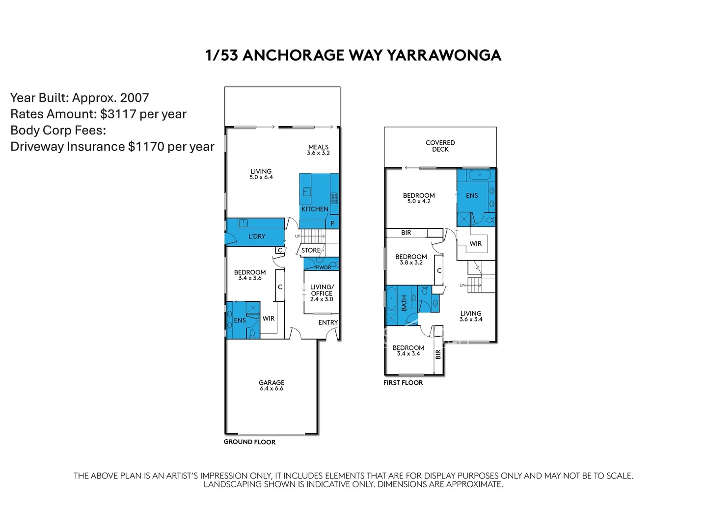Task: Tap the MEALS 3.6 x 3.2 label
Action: [318, 150]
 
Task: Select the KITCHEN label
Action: [315, 209]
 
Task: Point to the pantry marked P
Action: [332, 223]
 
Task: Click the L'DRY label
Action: [256, 237]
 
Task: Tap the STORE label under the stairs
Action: [310, 250]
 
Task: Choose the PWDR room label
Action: [323, 267]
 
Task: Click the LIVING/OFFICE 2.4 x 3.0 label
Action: [322, 293]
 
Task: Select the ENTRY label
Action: [328, 322]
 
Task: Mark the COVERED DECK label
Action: [440, 146]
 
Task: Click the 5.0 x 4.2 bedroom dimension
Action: [419, 202]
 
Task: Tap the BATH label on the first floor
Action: [404, 303]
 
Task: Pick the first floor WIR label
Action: [475, 243]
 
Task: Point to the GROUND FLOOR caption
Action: [249, 442]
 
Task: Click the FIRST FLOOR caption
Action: [403, 383]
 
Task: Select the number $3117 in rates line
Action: [118, 114]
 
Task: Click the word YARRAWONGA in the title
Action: [444, 55]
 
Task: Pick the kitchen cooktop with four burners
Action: [334, 198]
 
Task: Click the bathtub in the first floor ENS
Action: [480, 175]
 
